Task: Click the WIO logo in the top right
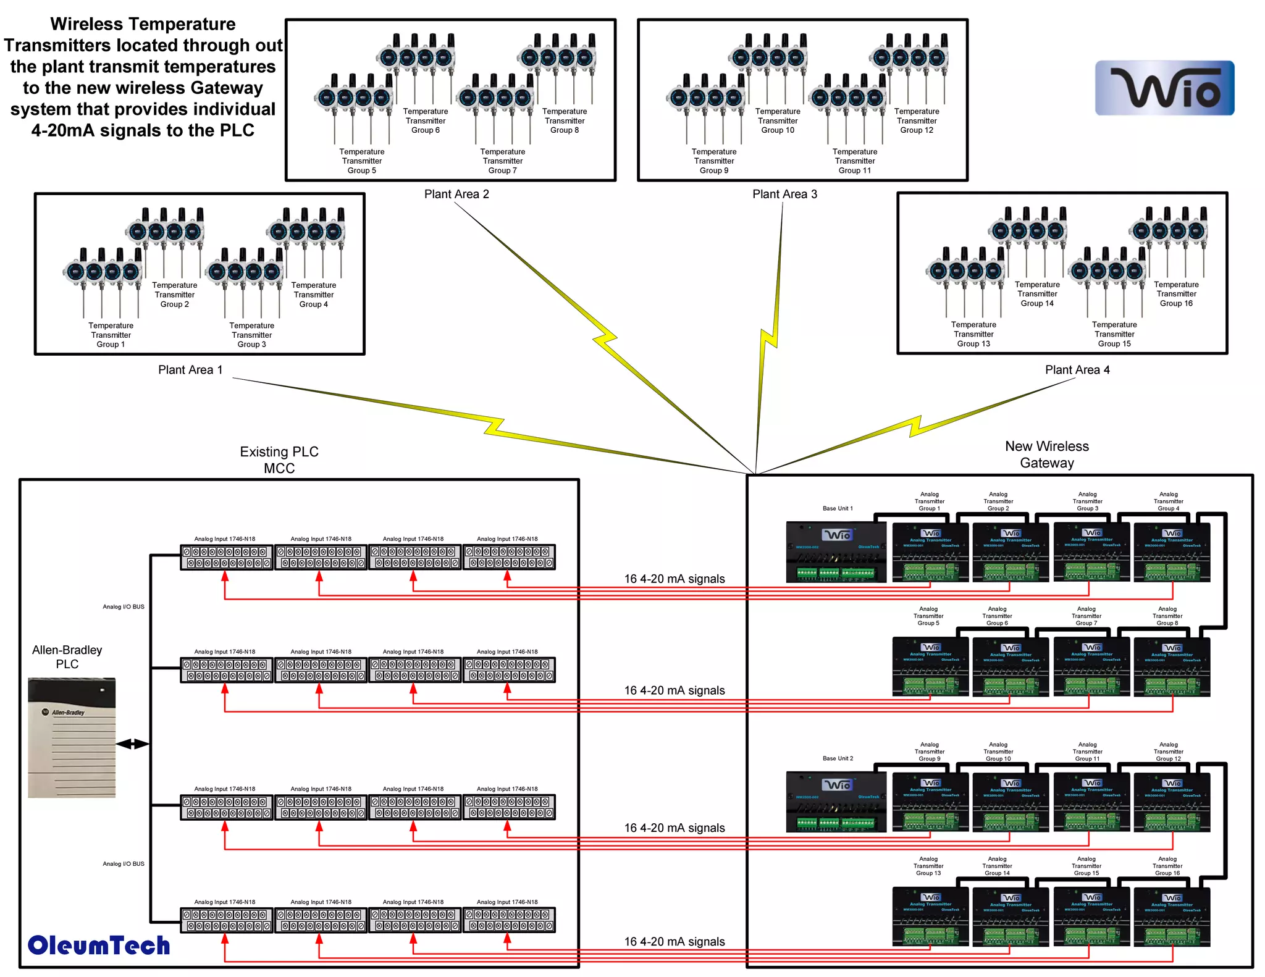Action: (x=1164, y=88)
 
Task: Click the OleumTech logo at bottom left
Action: (x=99, y=946)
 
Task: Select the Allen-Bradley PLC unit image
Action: (x=72, y=737)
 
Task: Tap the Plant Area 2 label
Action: (x=456, y=194)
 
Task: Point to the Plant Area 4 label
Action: (x=1077, y=369)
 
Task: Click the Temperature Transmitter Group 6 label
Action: (x=426, y=120)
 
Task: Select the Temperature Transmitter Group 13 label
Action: (x=973, y=334)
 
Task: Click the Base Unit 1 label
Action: (x=837, y=508)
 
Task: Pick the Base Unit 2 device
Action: (x=836, y=801)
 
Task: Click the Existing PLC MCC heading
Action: (x=279, y=459)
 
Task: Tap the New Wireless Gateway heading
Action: (x=1046, y=454)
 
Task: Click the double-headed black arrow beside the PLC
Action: (x=132, y=744)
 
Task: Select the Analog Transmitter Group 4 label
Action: (x=1168, y=501)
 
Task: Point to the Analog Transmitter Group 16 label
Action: (x=1167, y=865)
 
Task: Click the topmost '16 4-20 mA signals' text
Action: (x=674, y=579)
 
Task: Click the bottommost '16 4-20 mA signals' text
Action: (x=674, y=941)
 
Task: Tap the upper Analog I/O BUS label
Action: (x=123, y=606)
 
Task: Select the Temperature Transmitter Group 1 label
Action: (x=111, y=335)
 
